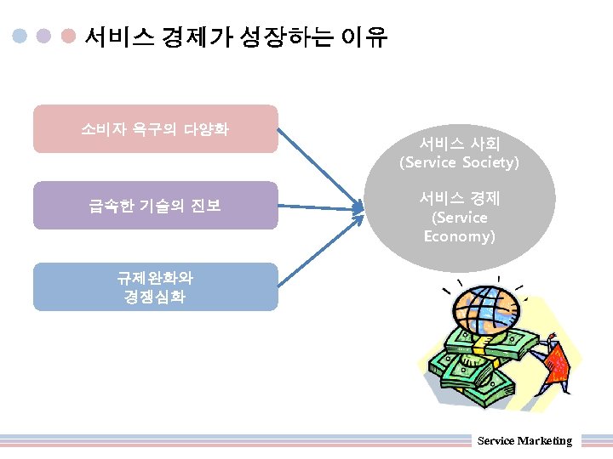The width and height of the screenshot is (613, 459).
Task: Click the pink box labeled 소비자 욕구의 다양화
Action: click(x=155, y=129)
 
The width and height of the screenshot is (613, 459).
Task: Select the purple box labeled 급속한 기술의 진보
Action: click(x=155, y=205)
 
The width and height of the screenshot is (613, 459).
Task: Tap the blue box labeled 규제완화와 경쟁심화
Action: click(x=155, y=286)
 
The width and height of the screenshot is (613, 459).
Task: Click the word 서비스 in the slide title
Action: click(x=118, y=37)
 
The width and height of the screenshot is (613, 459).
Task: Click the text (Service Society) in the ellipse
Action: click(x=459, y=161)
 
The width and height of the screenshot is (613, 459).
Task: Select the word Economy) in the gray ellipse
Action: click(x=459, y=236)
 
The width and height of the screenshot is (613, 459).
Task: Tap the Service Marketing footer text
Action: click(x=524, y=440)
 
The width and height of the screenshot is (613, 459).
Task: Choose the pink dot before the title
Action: click(x=70, y=37)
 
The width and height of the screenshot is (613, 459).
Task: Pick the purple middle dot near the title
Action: click(x=45, y=37)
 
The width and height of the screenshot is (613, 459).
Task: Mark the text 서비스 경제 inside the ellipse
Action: click(x=459, y=198)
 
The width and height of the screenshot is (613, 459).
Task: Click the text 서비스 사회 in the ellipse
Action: click(x=459, y=144)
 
